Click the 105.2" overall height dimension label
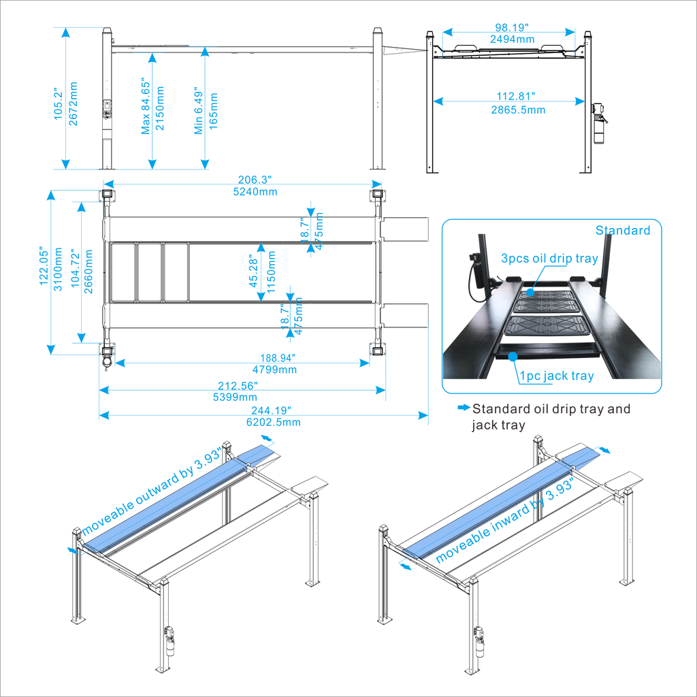[x=59, y=103]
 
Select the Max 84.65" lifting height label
[x=146, y=107]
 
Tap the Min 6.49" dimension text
[x=198, y=111]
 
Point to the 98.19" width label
[x=512, y=28]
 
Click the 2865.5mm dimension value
[x=518, y=110]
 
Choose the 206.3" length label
[x=255, y=180]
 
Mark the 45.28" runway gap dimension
[x=253, y=271]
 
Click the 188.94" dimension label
[x=278, y=358]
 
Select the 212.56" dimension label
[x=238, y=385]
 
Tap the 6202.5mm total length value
[x=274, y=422]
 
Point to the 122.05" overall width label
[x=44, y=266]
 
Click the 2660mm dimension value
[x=88, y=271]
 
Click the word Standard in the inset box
[x=623, y=230]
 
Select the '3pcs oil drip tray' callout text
[x=549, y=258]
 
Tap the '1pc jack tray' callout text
[x=557, y=376]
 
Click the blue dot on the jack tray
[x=513, y=356]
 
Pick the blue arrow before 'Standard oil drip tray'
[x=464, y=407]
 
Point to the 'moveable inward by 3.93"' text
[x=505, y=520]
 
